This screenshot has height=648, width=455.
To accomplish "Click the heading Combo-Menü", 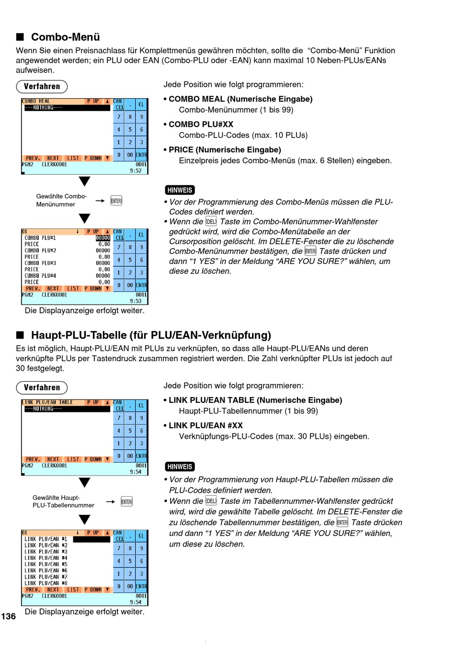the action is pyautogui.click(x=65, y=37).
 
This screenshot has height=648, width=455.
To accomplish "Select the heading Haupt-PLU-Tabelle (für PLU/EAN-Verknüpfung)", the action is pyautogui.click(x=151, y=335).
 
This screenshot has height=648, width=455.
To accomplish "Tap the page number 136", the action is pyautogui.click(x=9, y=616).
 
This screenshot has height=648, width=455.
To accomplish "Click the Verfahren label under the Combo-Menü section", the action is pyautogui.click(x=42, y=87).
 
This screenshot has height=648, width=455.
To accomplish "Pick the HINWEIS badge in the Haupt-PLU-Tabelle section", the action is pyautogui.click(x=180, y=466).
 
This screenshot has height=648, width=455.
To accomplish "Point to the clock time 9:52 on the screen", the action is pyautogui.click(x=136, y=171).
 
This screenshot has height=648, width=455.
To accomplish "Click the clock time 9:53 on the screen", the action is pyautogui.click(x=136, y=301).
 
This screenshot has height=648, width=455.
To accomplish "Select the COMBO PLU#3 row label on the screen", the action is pyautogui.click(x=40, y=263).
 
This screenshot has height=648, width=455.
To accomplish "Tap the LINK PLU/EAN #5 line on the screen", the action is pyautogui.click(x=45, y=564).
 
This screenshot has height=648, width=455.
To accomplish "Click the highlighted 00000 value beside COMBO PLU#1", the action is pyautogui.click(x=103, y=238).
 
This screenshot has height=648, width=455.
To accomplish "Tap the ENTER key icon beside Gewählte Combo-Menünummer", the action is pyautogui.click(x=116, y=201).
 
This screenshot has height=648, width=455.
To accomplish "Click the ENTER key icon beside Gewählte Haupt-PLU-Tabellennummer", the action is pyautogui.click(x=126, y=501).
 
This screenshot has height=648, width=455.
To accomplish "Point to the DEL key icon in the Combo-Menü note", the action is pyautogui.click(x=211, y=222).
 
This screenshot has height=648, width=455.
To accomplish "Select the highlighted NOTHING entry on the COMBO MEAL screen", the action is pyautogui.click(x=67, y=108).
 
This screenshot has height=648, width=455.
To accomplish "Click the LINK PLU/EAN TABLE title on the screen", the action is pyautogui.click(x=47, y=402).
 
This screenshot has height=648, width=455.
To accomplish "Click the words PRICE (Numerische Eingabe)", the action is pyautogui.click(x=225, y=150).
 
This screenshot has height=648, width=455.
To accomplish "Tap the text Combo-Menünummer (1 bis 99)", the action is pyautogui.click(x=236, y=110).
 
